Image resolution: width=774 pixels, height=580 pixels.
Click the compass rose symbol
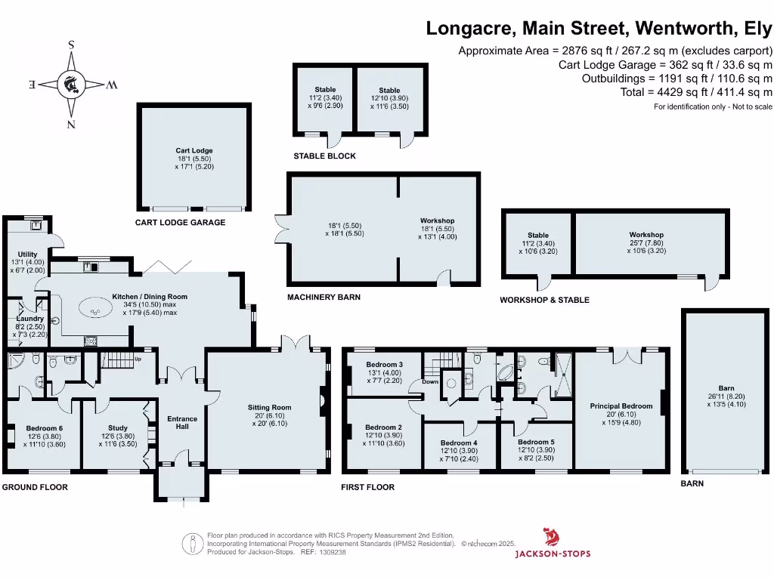(72, 84)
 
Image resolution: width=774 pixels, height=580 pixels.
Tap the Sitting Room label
(269, 407)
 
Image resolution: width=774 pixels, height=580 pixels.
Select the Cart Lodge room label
(194, 150)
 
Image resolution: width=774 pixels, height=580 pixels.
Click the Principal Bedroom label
(621, 406)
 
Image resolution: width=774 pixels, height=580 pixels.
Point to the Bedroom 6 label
(45, 427)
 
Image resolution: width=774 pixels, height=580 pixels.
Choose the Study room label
(118, 427)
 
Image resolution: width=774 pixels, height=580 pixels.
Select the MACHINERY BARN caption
(324, 298)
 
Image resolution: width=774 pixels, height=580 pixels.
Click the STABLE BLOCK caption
(324, 156)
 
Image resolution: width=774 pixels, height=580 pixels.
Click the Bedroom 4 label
(459, 443)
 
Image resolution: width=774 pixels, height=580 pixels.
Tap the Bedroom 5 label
(536, 442)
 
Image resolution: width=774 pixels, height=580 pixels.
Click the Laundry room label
(30, 319)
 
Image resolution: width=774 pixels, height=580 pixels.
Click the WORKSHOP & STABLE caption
(544, 300)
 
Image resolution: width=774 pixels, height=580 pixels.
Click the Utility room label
(27, 255)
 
